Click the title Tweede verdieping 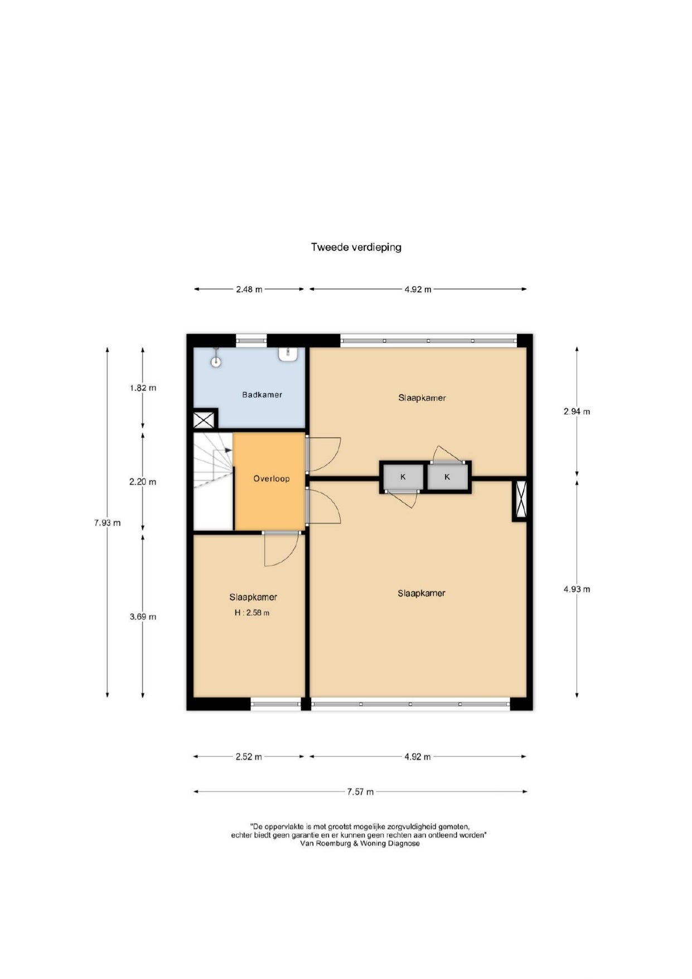(x=356, y=247)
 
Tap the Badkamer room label (x=262, y=395)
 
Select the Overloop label (x=272, y=479)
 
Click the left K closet (x=403, y=477)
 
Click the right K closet (x=447, y=477)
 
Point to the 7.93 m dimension (x=107, y=523)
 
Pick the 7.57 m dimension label (x=360, y=792)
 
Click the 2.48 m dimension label (x=249, y=290)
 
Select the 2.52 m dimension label (x=248, y=757)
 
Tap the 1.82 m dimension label (x=143, y=388)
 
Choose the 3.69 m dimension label (x=143, y=616)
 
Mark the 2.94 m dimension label (x=577, y=412)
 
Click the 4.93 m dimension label (x=577, y=589)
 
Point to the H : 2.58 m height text (x=252, y=613)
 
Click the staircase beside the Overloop (x=213, y=481)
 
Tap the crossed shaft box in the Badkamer (x=204, y=419)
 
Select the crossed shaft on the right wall (x=520, y=500)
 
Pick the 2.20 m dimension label (x=143, y=482)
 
